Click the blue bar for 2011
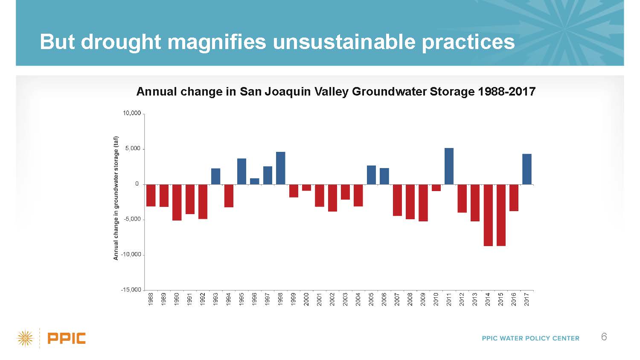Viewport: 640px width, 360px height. click(x=449, y=166)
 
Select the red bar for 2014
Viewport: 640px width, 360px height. click(x=488, y=215)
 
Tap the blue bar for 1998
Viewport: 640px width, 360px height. click(x=280, y=168)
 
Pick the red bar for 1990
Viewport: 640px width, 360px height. click(x=177, y=202)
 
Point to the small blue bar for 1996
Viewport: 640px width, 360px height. click(x=254, y=181)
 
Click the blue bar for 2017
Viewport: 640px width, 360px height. click(x=527, y=169)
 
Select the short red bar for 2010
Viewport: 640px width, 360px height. click(x=436, y=188)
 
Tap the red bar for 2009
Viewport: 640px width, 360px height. click(x=423, y=203)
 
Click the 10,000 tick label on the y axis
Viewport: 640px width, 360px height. click(x=132, y=113)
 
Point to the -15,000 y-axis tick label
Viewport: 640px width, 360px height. click(x=131, y=290)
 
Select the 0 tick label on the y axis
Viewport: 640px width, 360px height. click(x=137, y=184)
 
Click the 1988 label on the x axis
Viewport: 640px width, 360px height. click(x=151, y=299)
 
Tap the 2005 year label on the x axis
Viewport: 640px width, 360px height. click(x=371, y=299)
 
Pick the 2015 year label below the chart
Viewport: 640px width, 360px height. click(x=501, y=299)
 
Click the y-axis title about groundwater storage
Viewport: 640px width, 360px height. click(x=116, y=198)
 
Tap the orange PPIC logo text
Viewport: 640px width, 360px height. click(x=67, y=338)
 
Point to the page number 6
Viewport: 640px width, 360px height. click(x=604, y=337)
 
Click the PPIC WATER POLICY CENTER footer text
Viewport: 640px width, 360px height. click(x=530, y=338)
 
